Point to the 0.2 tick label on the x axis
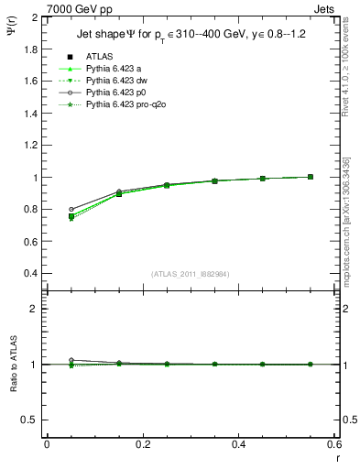[143, 444]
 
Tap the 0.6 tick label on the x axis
[333, 444]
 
